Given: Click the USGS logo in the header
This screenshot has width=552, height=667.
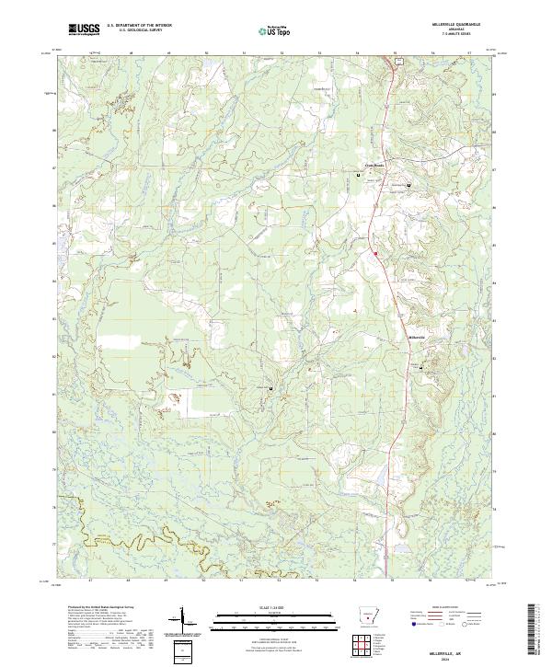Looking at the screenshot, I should [x=84, y=30].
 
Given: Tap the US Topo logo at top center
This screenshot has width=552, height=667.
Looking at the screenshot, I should [x=272, y=31].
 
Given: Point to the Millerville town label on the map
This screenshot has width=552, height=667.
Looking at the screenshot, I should [x=417, y=337].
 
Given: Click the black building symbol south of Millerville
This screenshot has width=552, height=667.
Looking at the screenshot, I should [x=422, y=367].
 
